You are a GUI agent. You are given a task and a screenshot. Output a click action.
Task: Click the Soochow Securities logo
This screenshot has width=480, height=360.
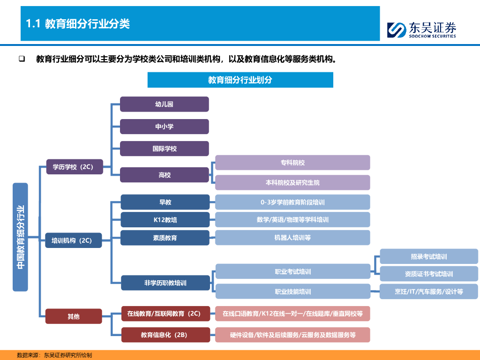tap(421, 30)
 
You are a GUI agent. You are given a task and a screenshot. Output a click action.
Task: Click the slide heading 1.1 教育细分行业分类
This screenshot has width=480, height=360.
tap(78, 24)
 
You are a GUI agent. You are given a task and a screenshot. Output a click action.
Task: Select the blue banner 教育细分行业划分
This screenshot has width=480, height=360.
tap(240, 80)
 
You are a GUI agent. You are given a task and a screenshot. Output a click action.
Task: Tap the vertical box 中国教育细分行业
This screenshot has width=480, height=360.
tap(20, 237)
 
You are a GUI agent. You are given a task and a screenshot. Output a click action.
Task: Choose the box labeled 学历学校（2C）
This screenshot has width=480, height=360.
tap(75, 166)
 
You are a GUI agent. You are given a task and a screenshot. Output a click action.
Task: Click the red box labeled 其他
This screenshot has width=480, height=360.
tap(74, 316)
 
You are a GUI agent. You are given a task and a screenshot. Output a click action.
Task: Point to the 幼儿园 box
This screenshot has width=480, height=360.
tap(164, 104)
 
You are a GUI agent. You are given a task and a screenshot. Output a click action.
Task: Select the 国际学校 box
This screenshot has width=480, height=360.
tap(164, 149)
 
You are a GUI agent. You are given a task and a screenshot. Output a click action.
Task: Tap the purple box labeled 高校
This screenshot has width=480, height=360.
tap(164, 175)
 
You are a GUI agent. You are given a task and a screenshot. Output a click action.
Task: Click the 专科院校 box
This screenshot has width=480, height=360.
tap(292, 163)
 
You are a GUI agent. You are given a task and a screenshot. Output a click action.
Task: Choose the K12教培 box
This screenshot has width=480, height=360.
tap(165, 219)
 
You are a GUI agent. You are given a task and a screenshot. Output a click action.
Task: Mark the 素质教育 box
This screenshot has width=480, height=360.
tap(165, 238)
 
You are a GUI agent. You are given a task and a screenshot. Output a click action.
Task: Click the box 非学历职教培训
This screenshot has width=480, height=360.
tap(165, 283)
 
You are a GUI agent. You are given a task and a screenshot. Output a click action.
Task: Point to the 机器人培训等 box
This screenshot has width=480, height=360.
tap(292, 238)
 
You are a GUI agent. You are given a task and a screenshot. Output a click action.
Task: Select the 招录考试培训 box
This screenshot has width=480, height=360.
tap(428, 256)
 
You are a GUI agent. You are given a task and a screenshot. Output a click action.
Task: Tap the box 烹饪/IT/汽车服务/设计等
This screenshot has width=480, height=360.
tap(428, 292)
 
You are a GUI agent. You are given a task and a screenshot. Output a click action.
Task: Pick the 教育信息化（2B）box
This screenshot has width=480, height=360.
tap(165, 335)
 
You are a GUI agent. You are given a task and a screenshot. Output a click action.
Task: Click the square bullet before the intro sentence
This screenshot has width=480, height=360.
tap(22, 59)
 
